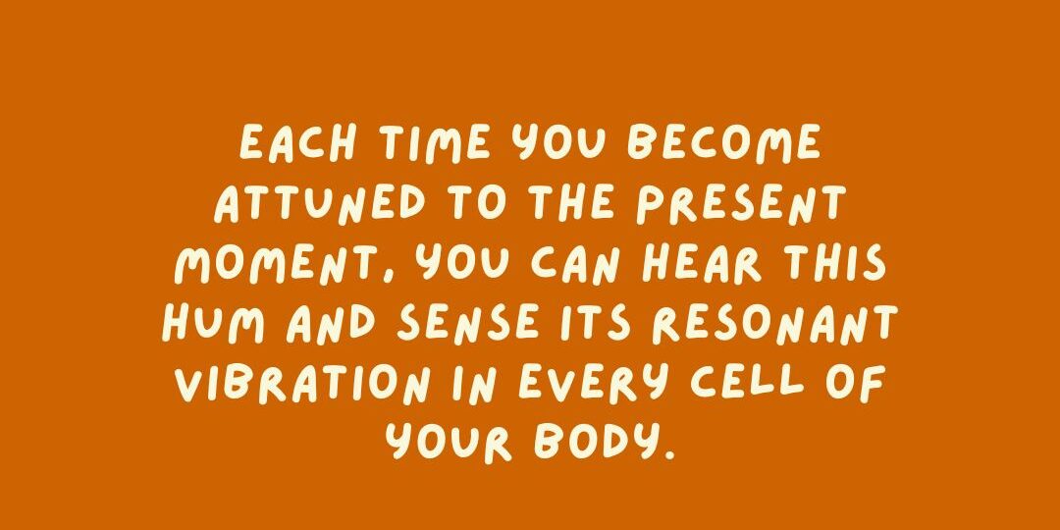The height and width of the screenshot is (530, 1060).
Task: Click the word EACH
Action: pos(297,142)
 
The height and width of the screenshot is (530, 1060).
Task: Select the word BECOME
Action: pos(723,142)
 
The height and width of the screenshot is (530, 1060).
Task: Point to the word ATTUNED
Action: pos(320,203)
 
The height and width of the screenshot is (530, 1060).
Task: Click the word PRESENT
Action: pos(741,203)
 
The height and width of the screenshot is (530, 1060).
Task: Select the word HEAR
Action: pos(701,263)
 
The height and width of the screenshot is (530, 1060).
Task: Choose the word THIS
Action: pos(833,263)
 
